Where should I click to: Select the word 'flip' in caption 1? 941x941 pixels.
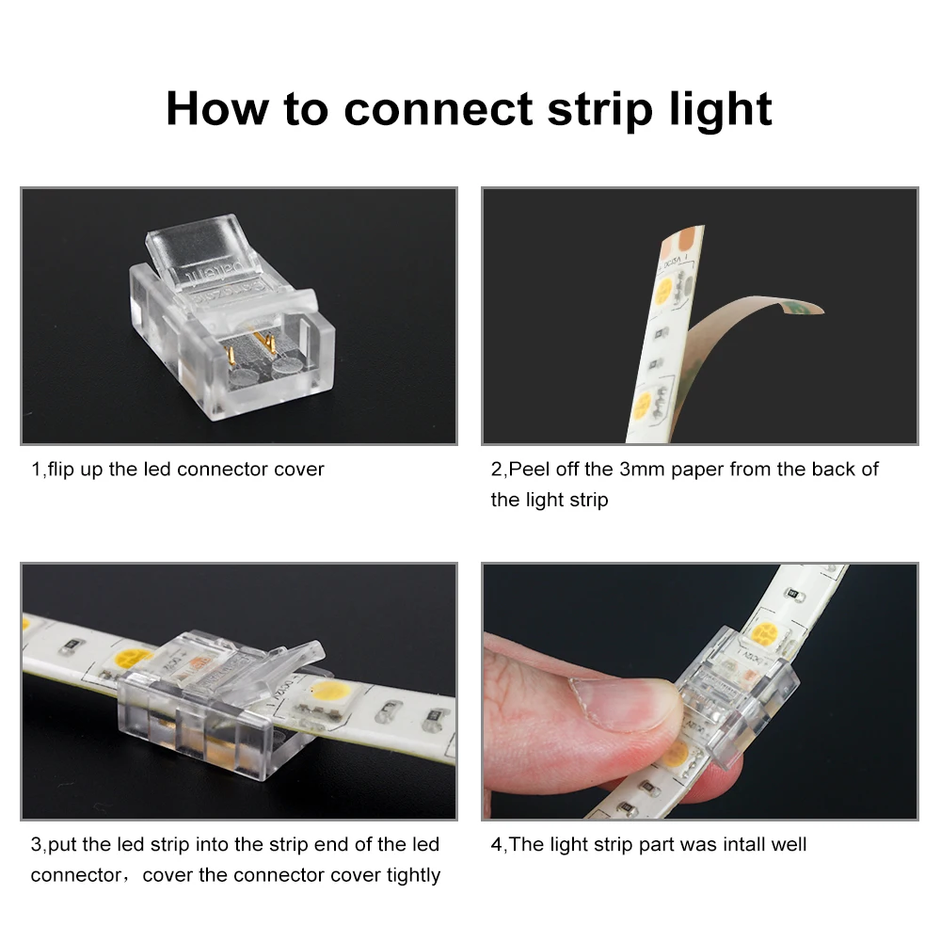point(62,469)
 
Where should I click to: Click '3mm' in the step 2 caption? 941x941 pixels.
point(642,469)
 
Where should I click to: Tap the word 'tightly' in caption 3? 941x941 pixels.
point(413,875)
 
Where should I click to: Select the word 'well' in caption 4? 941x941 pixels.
point(788,844)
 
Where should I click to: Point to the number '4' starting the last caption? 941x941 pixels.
point(496,844)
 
